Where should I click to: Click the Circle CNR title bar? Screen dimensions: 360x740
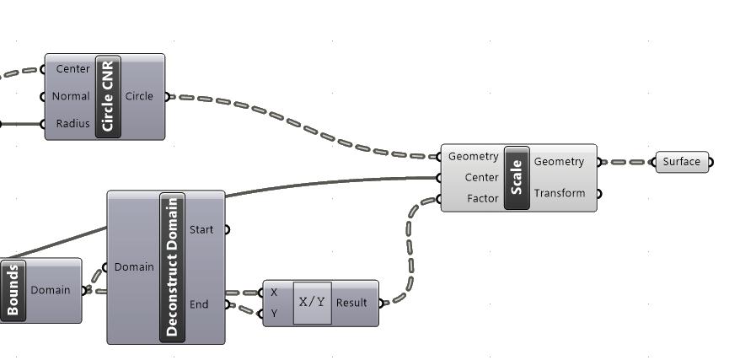click(x=109, y=96)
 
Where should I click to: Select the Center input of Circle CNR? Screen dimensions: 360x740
click(x=72, y=69)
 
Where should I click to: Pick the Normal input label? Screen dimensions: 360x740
click(x=71, y=96)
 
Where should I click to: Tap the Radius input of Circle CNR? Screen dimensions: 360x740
click(x=72, y=124)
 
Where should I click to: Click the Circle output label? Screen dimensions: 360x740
click(x=139, y=96)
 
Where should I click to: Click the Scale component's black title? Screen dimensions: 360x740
click(x=517, y=178)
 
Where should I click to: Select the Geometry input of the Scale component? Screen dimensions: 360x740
click(x=473, y=157)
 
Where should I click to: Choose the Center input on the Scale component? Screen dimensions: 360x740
click(x=481, y=178)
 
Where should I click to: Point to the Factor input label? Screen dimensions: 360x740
click(x=482, y=199)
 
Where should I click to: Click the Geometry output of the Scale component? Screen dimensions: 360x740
click(x=559, y=162)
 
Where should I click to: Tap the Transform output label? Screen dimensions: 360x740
click(x=559, y=193)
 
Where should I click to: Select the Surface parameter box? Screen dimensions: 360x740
click(x=682, y=163)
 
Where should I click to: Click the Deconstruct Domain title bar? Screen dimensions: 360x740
click(x=172, y=267)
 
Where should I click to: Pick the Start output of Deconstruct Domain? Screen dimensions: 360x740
click(x=201, y=229)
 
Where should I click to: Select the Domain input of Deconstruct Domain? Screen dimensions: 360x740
click(x=134, y=267)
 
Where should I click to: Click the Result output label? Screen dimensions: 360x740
click(x=351, y=303)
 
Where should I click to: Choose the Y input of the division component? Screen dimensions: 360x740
click(x=274, y=314)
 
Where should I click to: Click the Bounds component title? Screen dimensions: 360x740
click(x=13, y=291)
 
